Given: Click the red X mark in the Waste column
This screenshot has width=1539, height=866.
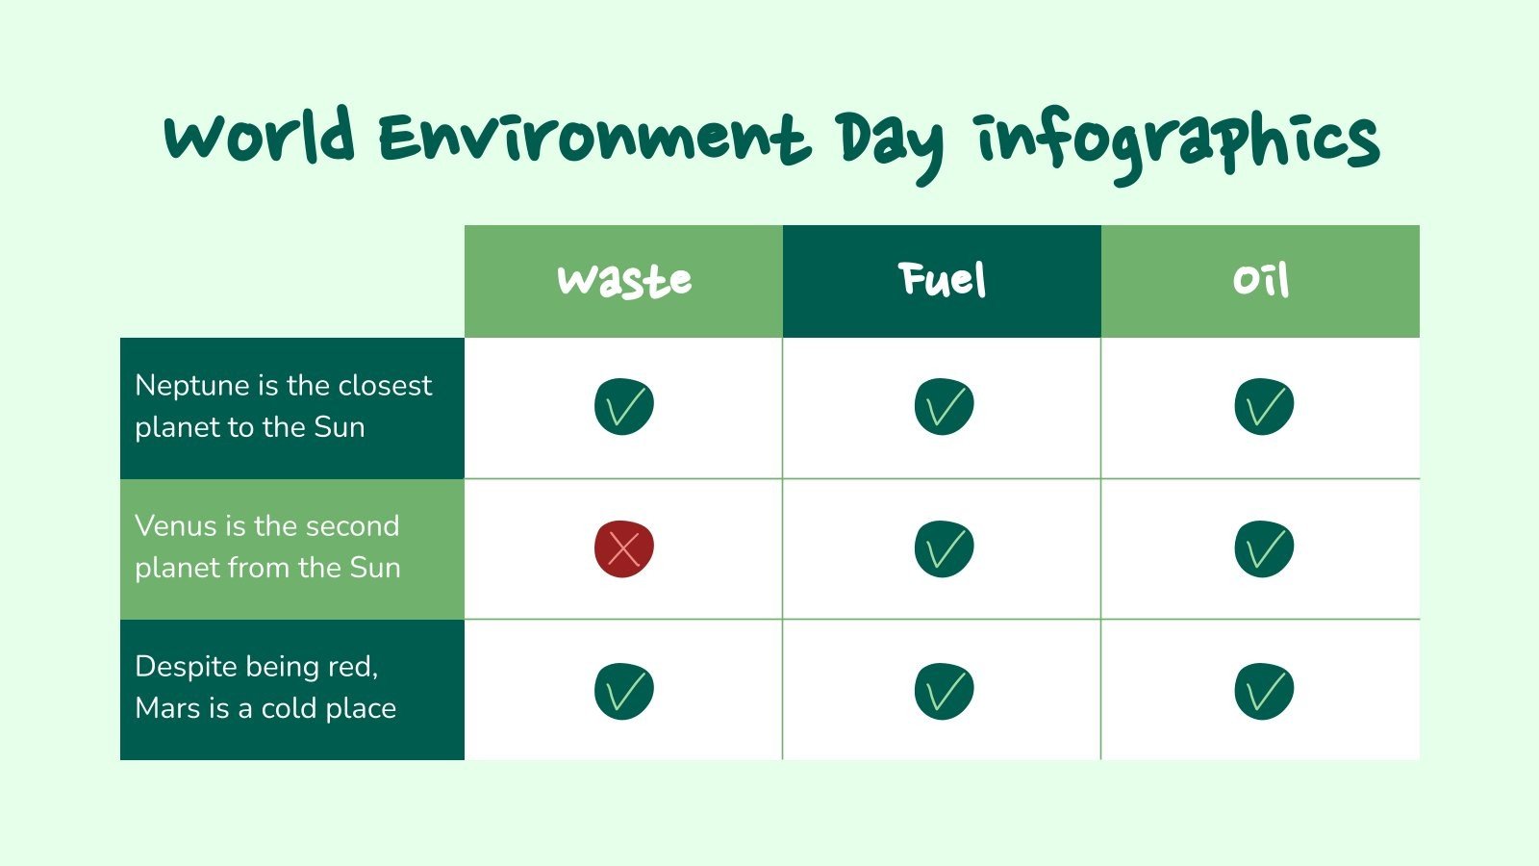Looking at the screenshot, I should click(x=624, y=549).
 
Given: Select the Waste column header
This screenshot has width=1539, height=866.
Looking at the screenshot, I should click(x=624, y=281).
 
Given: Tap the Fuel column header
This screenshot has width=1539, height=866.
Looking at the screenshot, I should click(x=943, y=281).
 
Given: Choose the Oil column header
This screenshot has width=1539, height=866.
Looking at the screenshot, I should click(x=1261, y=281).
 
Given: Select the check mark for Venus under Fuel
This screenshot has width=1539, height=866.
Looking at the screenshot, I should click(x=944, y=549).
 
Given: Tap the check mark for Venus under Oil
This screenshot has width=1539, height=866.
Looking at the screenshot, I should click(x=1264, y=549).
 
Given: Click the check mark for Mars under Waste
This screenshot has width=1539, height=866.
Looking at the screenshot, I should click(x=624, y=691).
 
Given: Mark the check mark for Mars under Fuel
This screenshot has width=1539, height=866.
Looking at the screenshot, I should click(x=944, y=691).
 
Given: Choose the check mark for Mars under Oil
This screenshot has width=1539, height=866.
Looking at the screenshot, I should click(x=1264, y=691).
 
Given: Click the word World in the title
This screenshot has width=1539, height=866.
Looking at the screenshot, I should click(x=260, y=138).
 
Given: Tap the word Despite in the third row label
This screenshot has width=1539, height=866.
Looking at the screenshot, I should click(x=187, y=667).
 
